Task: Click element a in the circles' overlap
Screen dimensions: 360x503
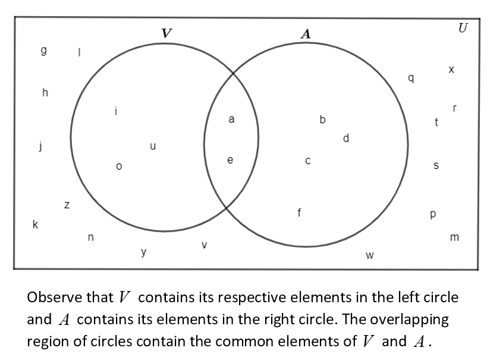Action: (231, 120)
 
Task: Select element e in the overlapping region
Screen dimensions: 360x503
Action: (231, 160)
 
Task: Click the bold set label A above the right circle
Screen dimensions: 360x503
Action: (306, 34)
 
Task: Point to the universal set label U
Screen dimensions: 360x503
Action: (463, 28)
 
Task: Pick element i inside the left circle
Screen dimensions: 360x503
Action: (117, 110)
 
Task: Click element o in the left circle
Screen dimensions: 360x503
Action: (119, 167)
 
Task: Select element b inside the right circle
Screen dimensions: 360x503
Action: (322, 120)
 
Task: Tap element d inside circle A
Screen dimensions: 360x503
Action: (346, 139)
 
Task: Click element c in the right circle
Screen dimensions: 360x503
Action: (307, 161)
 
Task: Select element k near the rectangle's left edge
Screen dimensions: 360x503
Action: (36, 224)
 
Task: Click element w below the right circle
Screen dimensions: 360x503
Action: (369, 256)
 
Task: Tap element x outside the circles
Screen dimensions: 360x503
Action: (451, 70)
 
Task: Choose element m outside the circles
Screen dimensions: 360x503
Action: (455, 238)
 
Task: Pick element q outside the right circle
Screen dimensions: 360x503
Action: (410, 79)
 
